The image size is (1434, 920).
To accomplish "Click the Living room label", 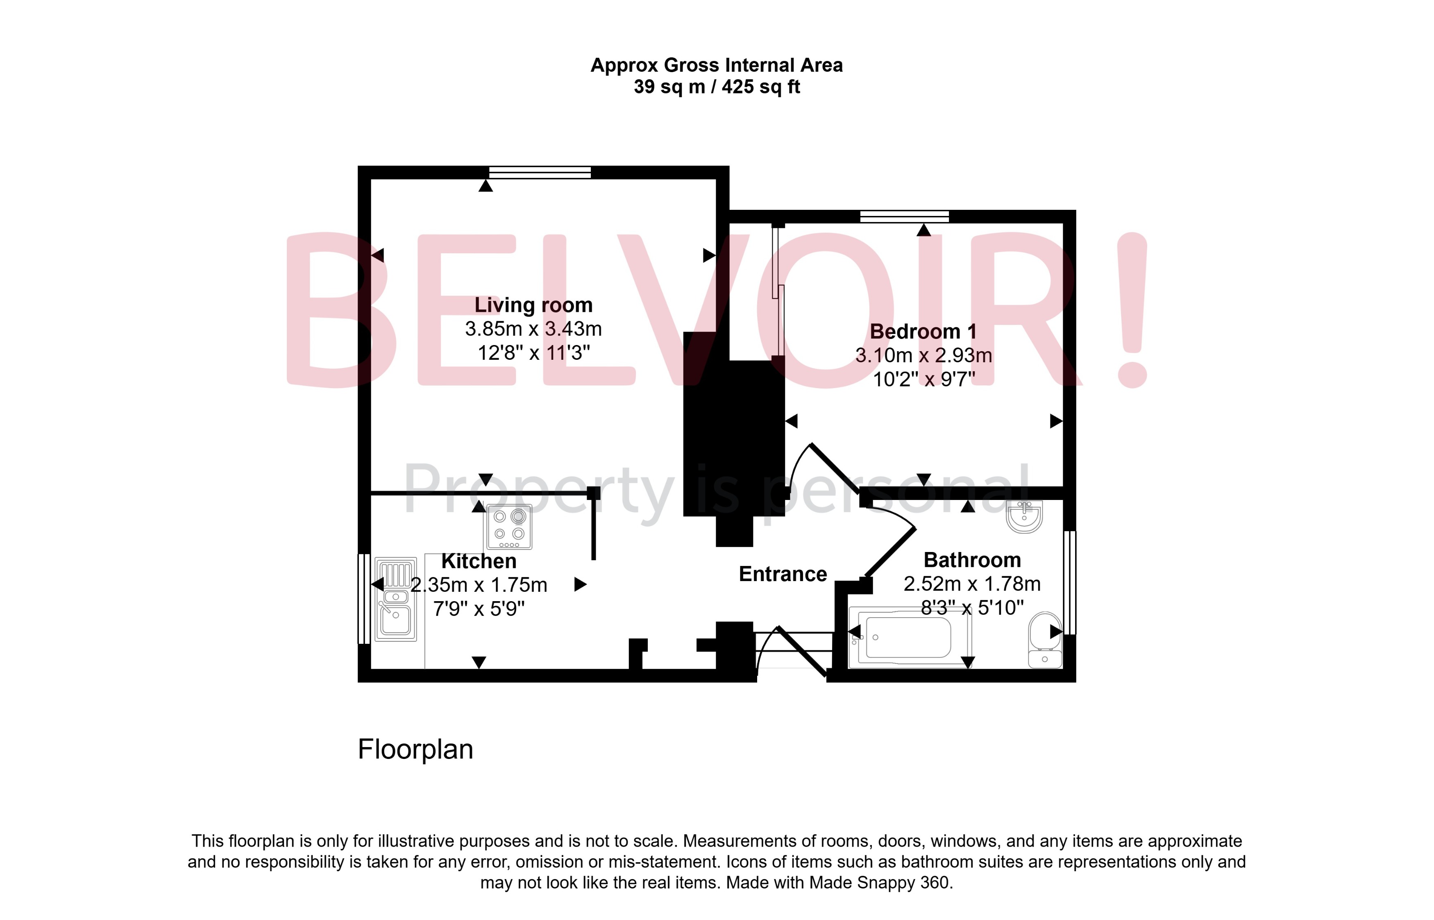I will point(533,305).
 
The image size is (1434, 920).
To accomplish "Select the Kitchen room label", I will point(479,561).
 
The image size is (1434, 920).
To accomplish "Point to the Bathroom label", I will point(972,560).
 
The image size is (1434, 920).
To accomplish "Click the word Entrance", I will point(783,574).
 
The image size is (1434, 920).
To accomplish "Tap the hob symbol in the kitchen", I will point(509,527).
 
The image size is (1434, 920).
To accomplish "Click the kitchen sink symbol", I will point(395,599).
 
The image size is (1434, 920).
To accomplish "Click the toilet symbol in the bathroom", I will point(1045,639).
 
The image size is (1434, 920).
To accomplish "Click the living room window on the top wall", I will point(539,173).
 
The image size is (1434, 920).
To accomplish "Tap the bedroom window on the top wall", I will point(904,216).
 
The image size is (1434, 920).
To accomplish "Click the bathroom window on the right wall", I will point(1070,582).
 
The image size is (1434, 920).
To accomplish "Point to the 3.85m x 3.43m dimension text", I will point(533,329).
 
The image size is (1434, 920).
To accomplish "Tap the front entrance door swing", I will point(794,651).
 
